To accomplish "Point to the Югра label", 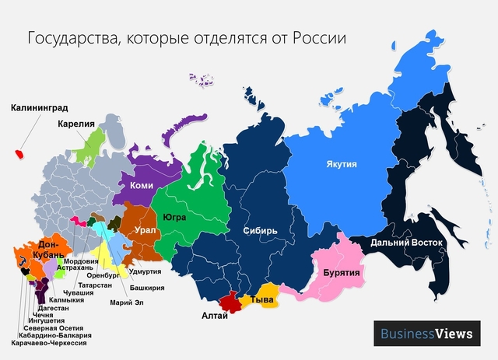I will tap(174, 218).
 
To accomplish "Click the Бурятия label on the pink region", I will tap(335, 274).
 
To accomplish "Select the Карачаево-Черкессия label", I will tap(49, 342).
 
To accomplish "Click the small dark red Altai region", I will tap(230, 301).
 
